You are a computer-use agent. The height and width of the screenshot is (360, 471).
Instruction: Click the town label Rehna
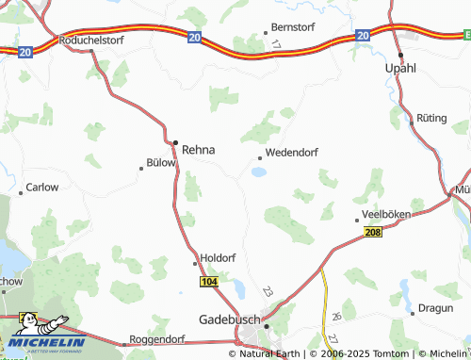pyautogui.click(x=198, y=149)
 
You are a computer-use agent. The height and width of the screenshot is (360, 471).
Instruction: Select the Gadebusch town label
pyautogui.click(x=230, y=320)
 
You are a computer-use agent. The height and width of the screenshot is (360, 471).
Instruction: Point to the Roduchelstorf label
pyautogui.click(x=91, y=41)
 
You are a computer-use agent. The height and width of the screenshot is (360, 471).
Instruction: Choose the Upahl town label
pyautogui.click(x=400, y=69)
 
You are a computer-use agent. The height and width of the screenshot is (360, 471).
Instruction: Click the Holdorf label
pyautogui.click(x=219, y=259)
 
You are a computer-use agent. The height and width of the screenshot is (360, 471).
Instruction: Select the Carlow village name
pyautogui.click(x=41, y=188)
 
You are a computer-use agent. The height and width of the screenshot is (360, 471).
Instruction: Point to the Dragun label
pyautogui.click(x=435, y=306)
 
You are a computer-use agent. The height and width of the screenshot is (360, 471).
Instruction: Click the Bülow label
pyautogui.click(x=161, y=162)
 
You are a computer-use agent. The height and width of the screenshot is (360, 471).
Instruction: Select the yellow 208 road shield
pyautogui.click(x=373, y=232)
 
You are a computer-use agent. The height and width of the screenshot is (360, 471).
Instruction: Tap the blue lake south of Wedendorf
pyautogui.click(x=258, y=172)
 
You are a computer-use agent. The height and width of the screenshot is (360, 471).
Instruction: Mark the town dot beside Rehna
pyautogui.click(x=175, y=143)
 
